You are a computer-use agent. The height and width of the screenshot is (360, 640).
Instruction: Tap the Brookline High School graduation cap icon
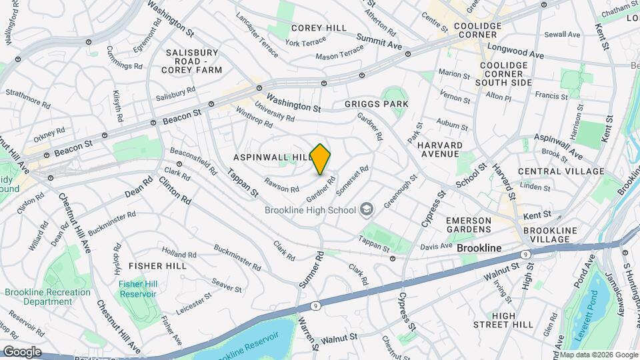365,210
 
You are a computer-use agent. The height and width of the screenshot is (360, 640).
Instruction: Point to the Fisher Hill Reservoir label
137,289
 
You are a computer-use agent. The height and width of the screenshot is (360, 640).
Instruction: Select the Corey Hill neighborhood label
319,28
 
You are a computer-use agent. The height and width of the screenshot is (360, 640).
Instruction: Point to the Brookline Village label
546,235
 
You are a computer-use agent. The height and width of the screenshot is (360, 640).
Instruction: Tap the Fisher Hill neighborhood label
157,265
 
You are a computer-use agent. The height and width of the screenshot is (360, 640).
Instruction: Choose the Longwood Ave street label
516,49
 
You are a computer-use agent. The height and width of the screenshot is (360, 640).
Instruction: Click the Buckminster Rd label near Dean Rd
111,223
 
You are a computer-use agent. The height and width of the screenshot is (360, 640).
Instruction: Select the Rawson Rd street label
281,185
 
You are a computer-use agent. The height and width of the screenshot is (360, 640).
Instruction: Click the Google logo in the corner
21,352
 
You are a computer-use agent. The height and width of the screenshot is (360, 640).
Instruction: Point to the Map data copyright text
598,355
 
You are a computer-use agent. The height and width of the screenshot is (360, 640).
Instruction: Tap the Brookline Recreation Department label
47,297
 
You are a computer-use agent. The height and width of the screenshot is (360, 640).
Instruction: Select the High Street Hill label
512,319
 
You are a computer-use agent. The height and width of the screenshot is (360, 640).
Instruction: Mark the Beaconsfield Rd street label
193,160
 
